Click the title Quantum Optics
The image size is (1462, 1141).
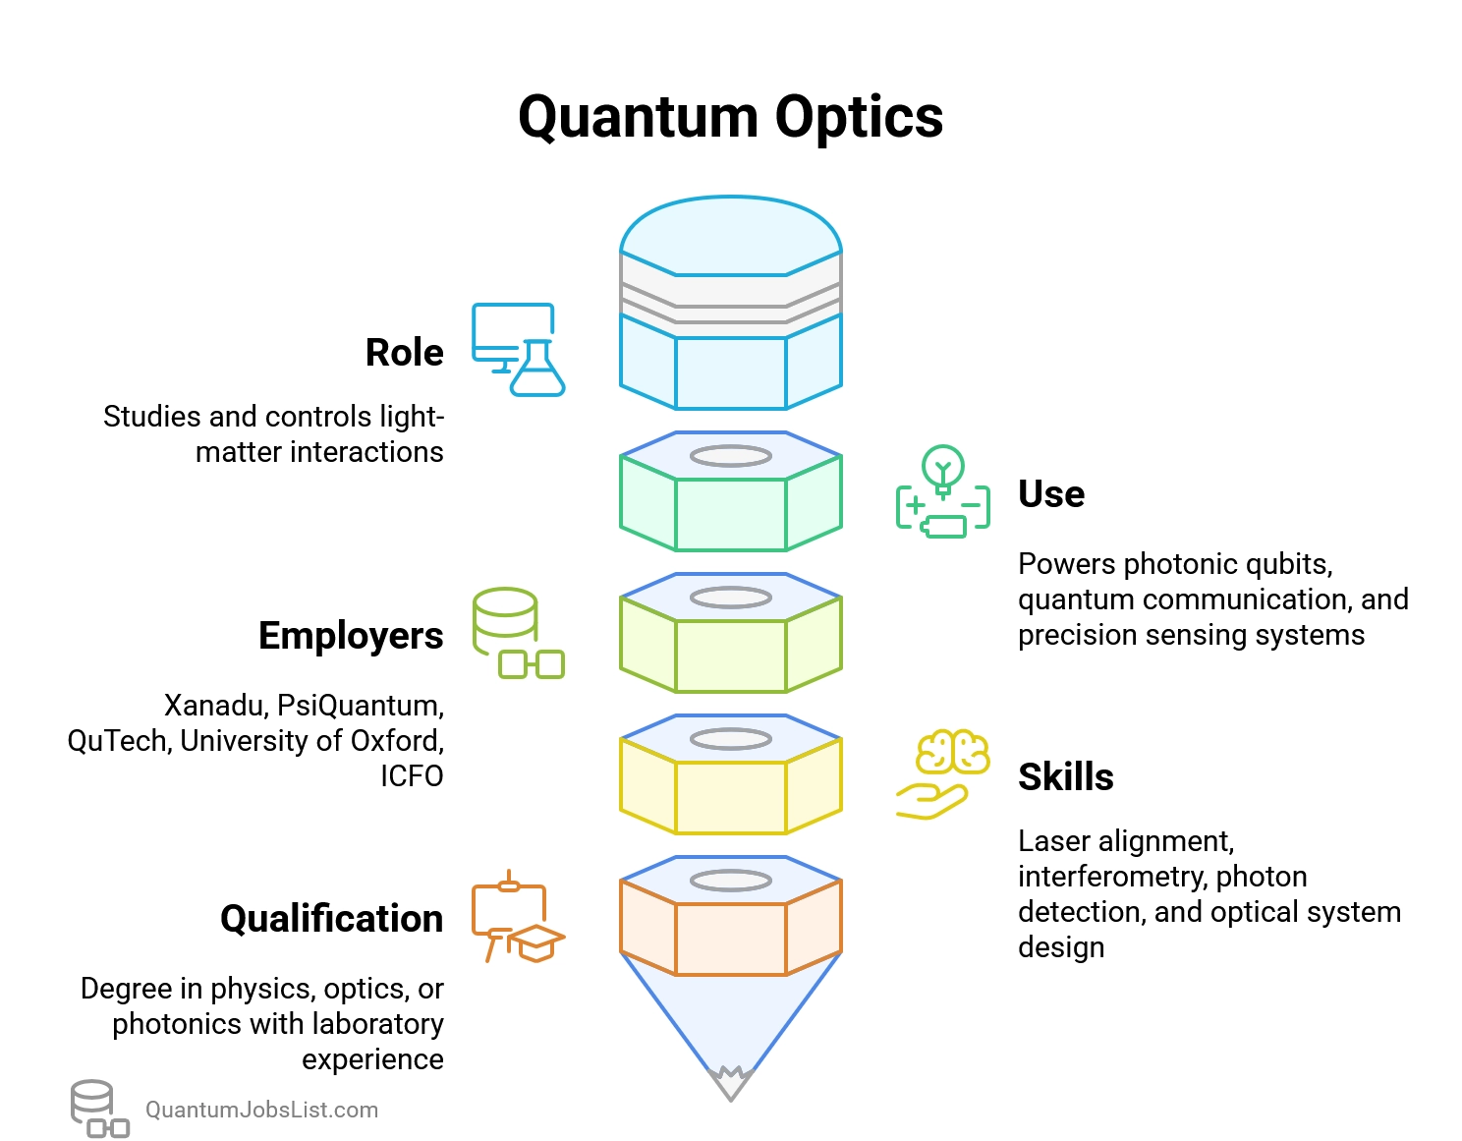pos(730,117)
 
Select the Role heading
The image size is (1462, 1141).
pos(404,353)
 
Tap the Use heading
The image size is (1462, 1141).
pos(1050,494)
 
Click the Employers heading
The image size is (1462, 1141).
pos(350,636)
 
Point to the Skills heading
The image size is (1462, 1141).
pos(1065,777)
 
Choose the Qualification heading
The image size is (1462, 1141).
pos(331,919)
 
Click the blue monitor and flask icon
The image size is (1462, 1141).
pos(518,350)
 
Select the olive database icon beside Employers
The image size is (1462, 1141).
pos(518,634)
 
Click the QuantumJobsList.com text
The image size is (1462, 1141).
pos(261,1111)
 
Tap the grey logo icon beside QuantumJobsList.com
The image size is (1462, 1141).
pos(98,1109)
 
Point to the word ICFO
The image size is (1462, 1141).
pos(412,776)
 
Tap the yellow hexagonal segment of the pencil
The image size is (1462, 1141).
pos(730,797)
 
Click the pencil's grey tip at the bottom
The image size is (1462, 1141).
pos(730,1085)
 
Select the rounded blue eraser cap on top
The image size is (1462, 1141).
pos(730,236)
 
